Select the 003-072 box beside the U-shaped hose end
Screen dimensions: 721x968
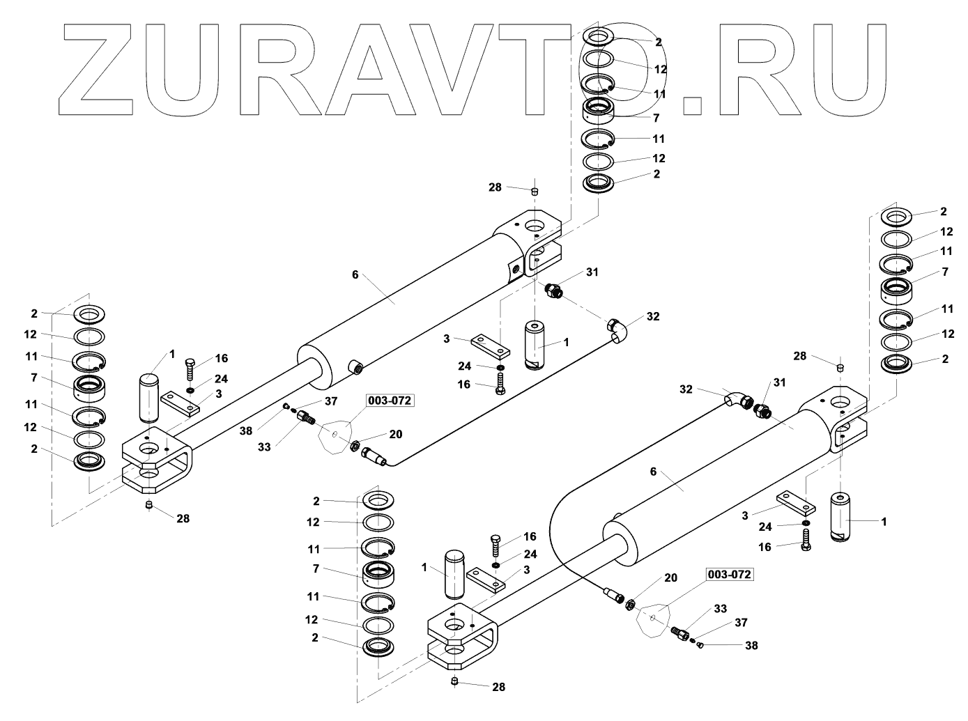[x=730, y=575]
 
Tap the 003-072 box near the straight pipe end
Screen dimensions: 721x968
[x=389, y=401]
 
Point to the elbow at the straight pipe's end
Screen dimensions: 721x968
[x=615, y=329]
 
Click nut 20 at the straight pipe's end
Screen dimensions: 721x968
[x=354, y=446]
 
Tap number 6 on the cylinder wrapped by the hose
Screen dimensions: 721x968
[x=653, y=472]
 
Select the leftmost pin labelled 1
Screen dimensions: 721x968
[x=150, y=398]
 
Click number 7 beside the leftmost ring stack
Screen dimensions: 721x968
[x=34, y=379]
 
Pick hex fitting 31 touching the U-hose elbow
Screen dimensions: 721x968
[x=761, y=410]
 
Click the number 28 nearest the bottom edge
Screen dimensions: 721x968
[x=498, y=687]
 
